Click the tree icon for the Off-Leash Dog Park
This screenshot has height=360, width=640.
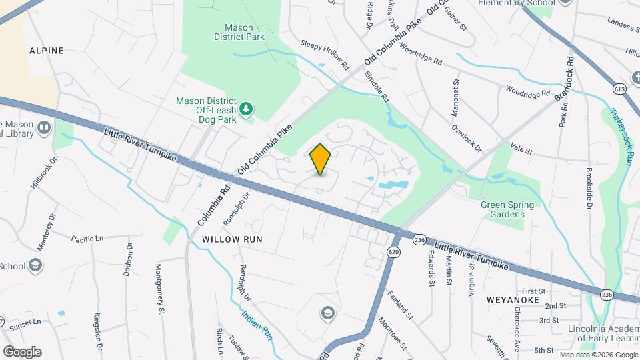[247, 109]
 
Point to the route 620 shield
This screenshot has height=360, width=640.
[393, 251]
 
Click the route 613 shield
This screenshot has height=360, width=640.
[620, 88]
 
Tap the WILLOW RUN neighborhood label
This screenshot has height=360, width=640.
[233, 238]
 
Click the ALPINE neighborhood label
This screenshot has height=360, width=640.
[47, 50]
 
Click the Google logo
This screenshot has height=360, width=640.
[22, 351]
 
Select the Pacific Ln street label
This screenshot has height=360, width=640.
[87, 238]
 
